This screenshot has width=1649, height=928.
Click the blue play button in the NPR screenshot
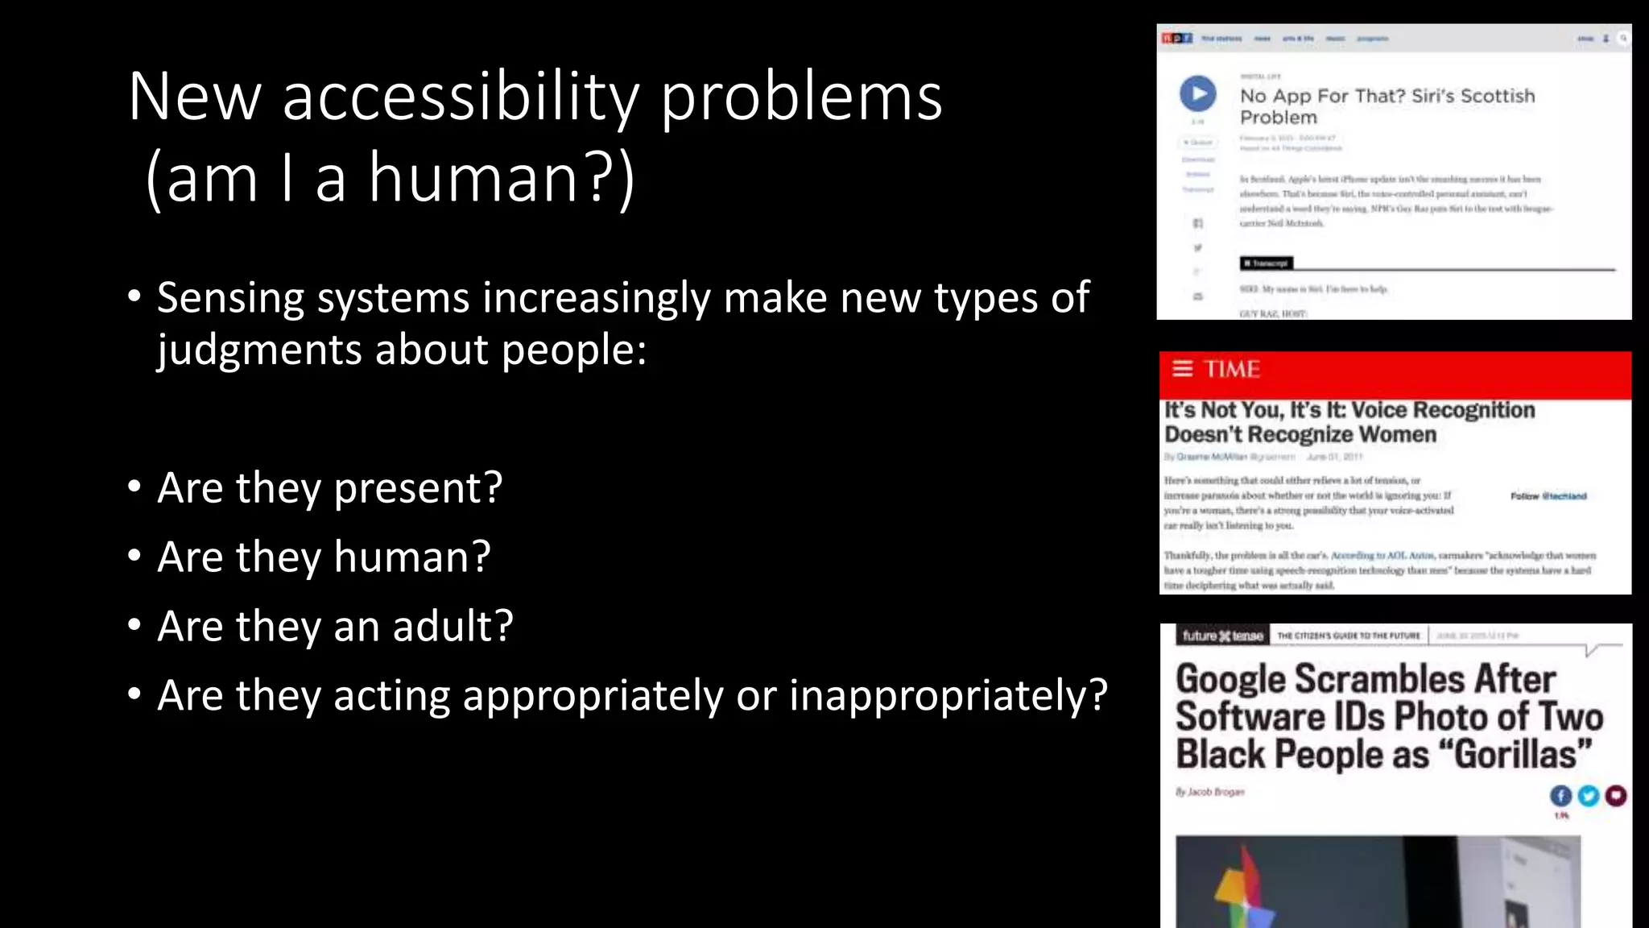pos(1198,93)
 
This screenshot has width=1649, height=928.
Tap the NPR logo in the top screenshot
pos(1176,38)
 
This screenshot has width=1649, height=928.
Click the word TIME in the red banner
pos(1232,369)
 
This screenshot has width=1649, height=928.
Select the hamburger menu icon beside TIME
pos(1182,369)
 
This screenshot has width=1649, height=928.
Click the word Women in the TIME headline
pos(1398,435)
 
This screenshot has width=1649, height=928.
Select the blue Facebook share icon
pos(1560,796)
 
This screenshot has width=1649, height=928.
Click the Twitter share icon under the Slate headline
pos(1588,796)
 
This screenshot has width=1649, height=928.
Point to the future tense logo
pos(1221,636)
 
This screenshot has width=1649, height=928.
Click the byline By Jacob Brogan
pos(1209,792)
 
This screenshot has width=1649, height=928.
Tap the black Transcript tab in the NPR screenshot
pos(1267,263)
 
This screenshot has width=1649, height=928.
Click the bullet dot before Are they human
pos(134,556)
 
